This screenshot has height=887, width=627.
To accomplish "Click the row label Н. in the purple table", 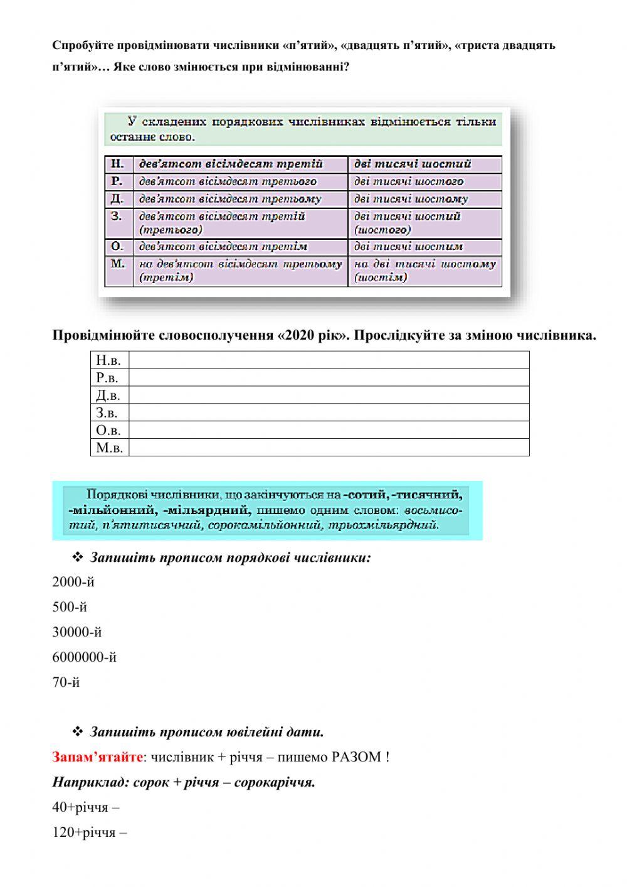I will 118,164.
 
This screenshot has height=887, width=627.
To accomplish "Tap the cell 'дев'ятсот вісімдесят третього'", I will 228,182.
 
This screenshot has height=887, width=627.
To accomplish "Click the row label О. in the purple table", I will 118,247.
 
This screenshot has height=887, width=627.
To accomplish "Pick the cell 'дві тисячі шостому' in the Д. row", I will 411,200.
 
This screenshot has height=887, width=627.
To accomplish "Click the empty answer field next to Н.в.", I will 329,360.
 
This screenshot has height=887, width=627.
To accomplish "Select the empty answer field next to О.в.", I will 329,430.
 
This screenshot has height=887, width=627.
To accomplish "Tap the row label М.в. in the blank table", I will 109,448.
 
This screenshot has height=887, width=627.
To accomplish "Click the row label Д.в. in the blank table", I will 108,395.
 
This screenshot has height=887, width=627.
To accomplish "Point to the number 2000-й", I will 73,582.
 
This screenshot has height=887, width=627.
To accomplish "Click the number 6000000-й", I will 84,657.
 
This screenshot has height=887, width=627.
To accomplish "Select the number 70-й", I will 66,682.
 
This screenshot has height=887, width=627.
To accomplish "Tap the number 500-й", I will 70,607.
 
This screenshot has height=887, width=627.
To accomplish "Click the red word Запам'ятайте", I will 98,757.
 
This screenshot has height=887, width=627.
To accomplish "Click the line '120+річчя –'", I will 89,832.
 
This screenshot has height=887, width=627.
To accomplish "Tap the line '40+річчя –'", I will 85,807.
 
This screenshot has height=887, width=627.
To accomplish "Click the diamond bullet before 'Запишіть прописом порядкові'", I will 78,557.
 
